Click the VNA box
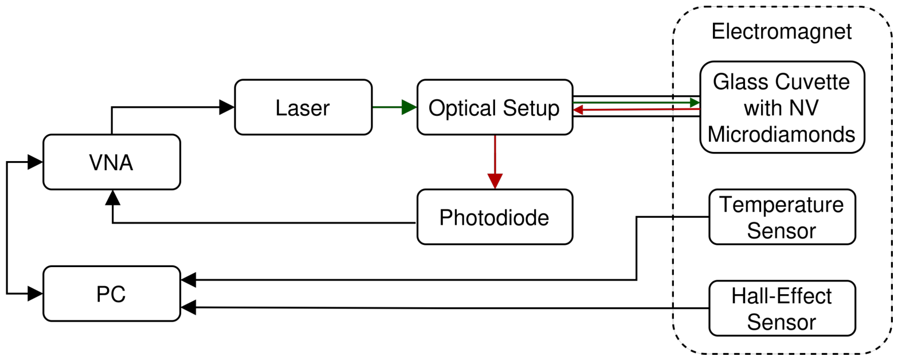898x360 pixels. [112, 162]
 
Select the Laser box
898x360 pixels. [304, 107]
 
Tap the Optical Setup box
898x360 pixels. [495, 107]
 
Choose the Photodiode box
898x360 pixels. [495, 217]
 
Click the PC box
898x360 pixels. [112, 294]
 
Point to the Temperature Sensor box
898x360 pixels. [782, 217]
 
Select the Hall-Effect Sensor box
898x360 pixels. [782, 308]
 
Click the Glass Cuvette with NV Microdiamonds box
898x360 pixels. [782, 107]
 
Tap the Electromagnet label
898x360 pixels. [781, 32]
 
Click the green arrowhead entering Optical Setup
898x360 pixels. [409, 107]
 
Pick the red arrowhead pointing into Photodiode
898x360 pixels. [495, 181]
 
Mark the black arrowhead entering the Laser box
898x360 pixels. [227, 107]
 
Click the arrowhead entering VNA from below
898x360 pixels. [113, 197]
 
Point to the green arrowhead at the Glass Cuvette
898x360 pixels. [695, 103]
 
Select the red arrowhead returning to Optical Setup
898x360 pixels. [578, 110]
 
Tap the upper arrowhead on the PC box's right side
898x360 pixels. [189, 280]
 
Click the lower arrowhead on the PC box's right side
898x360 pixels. [189, 307]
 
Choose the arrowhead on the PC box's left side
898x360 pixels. [36, 294]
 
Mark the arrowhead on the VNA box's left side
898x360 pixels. [36, 162]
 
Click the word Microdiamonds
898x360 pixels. [781, 134]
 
